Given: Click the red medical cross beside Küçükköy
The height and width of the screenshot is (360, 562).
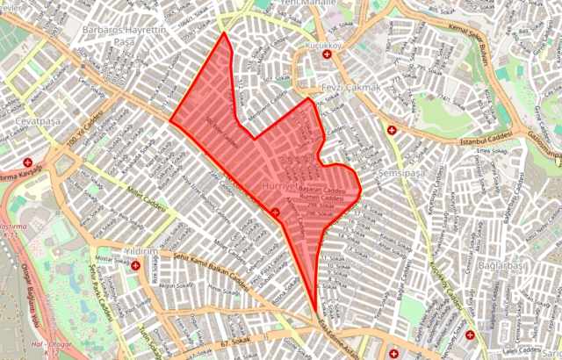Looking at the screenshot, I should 328,54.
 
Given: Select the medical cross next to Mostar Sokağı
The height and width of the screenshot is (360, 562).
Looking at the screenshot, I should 135,264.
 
